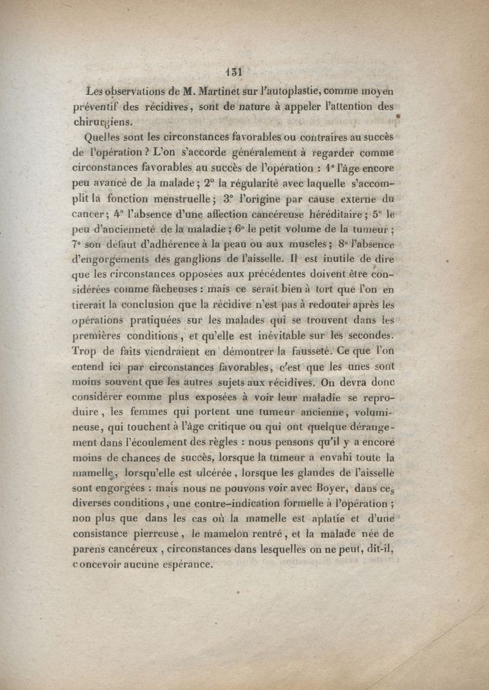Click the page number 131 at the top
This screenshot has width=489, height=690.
point(235,69)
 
